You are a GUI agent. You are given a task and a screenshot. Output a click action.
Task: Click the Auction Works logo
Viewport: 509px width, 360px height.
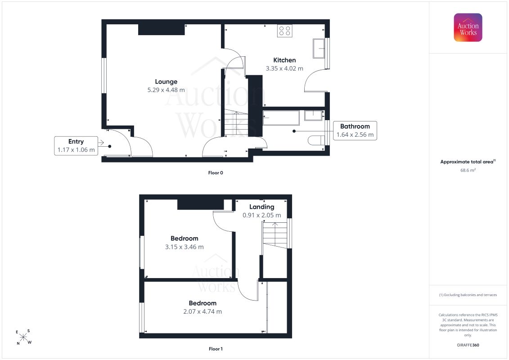pos(468,27)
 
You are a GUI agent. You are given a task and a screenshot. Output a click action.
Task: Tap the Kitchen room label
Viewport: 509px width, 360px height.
pos(284,60)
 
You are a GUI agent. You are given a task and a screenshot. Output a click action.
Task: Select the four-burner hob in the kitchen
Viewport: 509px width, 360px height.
pos(285,31)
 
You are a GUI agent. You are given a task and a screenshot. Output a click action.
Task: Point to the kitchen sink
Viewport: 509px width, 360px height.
pos(319,48)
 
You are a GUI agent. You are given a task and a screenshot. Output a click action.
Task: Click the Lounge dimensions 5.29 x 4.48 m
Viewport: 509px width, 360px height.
pos(166,90)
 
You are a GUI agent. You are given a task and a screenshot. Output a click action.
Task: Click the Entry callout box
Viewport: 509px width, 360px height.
pos(76,146)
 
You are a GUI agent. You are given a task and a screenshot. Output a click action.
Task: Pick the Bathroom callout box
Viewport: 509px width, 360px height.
pos(355,130)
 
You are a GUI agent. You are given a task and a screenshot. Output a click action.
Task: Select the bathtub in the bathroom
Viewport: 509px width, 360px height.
pos(281,117)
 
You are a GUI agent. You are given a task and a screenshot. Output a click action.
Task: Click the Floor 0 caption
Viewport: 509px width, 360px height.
pos(216,173)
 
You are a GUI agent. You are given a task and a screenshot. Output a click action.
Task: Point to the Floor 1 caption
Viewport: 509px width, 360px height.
pos(216,349)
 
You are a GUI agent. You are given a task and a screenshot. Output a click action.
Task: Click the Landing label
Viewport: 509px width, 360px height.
pos(261,207)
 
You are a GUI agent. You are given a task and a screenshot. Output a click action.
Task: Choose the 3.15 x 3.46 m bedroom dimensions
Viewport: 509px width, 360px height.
pos(185,247)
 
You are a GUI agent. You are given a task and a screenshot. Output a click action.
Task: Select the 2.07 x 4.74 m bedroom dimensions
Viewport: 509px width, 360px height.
pos(203,311)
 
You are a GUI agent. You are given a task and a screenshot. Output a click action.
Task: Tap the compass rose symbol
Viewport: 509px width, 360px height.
pos(24,337)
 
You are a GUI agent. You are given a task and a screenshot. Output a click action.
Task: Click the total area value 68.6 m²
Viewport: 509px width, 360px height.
pos(468,170)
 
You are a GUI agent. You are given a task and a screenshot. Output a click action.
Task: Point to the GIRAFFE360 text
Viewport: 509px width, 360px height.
pos(468,345)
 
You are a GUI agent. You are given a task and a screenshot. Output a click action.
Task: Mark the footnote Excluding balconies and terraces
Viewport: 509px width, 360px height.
pos(468,295)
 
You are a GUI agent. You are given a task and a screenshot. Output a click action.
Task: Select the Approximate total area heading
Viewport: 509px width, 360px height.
pos(468,162)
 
